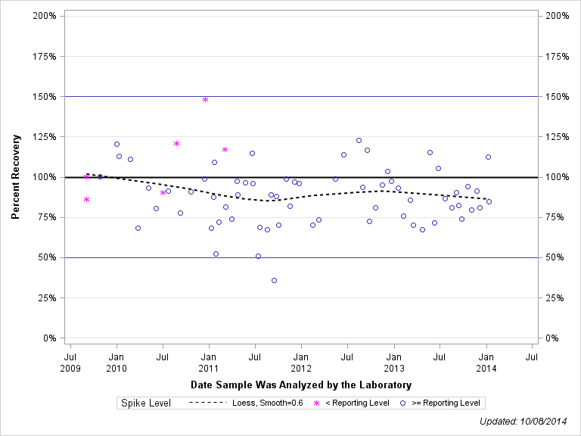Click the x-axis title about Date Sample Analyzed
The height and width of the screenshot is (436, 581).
(x=300, y=385)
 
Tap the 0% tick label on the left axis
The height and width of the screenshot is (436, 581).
(x=49, y=338)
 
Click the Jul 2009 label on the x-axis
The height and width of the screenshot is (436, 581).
(x=70, y=362)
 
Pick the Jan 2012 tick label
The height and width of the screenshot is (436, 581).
(x=301, y=362)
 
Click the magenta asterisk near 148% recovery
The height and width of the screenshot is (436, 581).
(x=205, y=99)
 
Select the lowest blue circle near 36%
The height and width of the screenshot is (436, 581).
(x=274, y=280)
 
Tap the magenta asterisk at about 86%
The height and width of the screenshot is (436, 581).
(x=86, y=200)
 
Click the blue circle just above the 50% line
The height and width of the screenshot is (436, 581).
(x=258, y=256)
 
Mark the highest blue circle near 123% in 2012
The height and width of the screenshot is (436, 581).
(x=359, y=140)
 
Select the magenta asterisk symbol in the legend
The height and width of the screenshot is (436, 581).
(x=316, y=403)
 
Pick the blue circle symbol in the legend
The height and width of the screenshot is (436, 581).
(x=403, y=403)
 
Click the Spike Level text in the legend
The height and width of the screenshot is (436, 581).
(x=146, y=403)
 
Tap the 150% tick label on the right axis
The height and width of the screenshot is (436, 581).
(x=558, y=97)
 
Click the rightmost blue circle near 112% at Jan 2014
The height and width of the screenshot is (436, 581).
(x=488, y=157)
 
